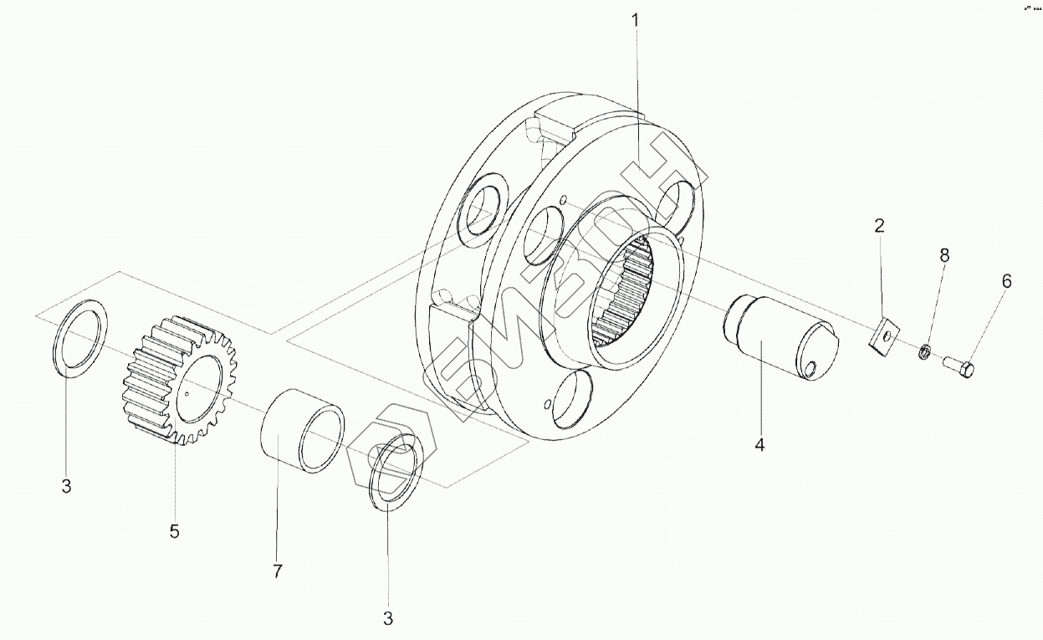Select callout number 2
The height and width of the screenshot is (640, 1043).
coord(879,226)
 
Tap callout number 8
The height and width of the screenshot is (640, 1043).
coord(944,256)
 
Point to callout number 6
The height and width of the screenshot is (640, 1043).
coord(1006,281)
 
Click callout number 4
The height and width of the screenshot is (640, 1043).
coord(759,445)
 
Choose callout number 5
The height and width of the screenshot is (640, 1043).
coord(174,530)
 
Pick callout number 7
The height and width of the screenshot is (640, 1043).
coord(278,571)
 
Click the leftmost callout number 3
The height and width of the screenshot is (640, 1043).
coord(67,486)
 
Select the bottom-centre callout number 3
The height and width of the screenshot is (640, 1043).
coord(387,619)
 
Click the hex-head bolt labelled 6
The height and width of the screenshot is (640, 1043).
coord(959,366)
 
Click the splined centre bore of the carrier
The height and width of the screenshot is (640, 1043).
coord(628,294)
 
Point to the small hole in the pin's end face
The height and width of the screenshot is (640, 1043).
coord(813,366)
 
